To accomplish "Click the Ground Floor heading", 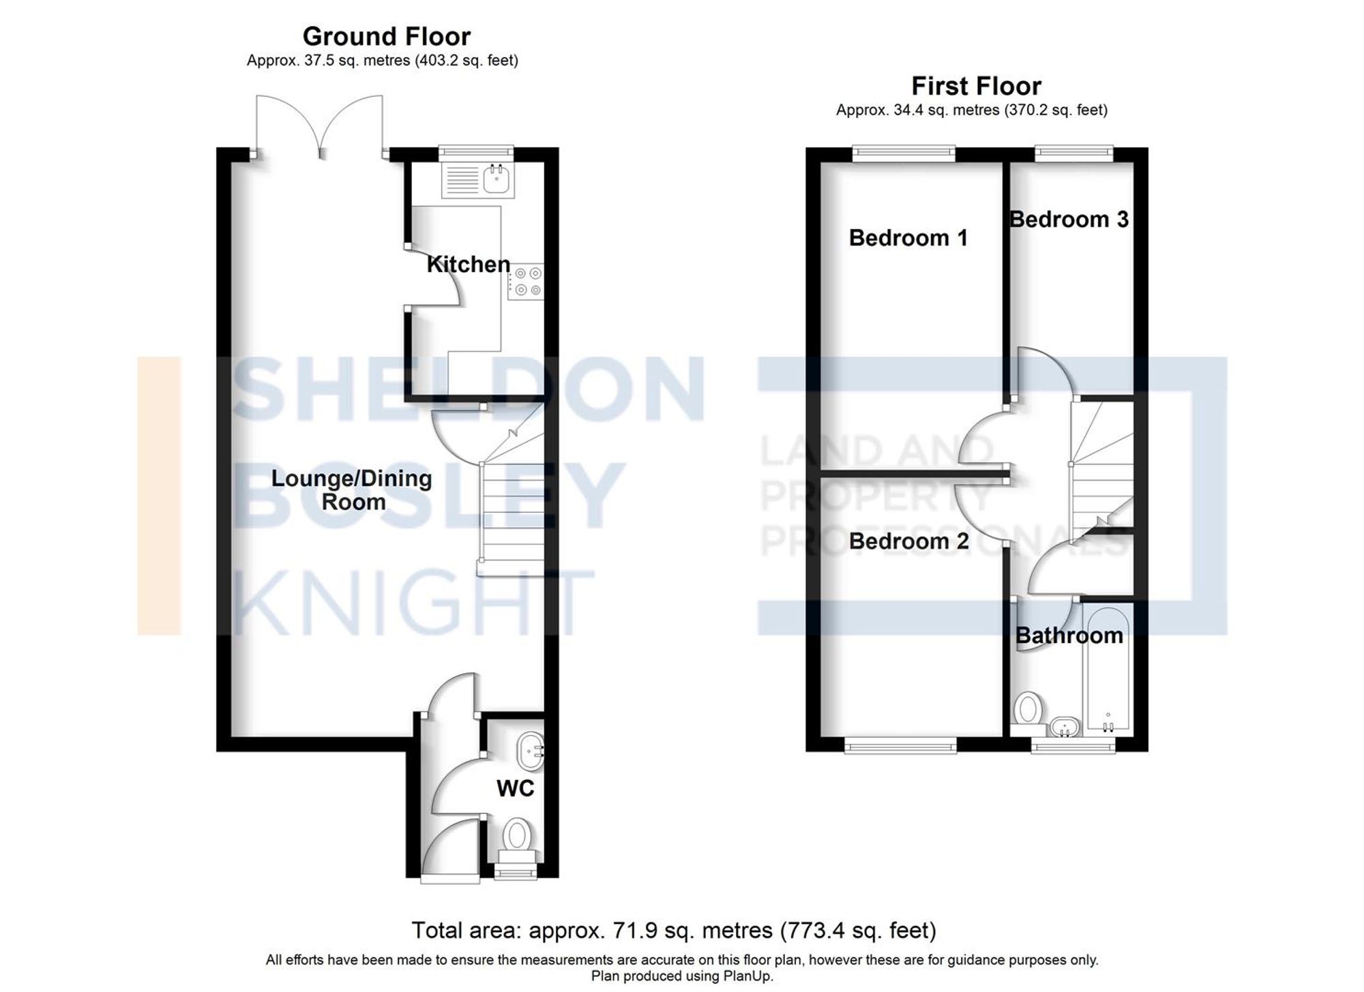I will [x=386, y=36].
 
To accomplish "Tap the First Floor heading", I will [x=976, y=87].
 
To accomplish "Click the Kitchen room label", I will [x=468, y=265].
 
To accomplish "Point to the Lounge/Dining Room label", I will [x=352, y=490].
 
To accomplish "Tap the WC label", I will [x=515, y=789].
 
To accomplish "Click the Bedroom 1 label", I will [x=908, y=238].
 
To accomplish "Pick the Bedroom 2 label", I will [x=908, y=541].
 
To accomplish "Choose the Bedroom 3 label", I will [x=1069, y=220].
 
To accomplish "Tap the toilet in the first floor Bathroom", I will [x=1027, y=710].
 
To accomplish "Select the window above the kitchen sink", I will [x=475, y=151].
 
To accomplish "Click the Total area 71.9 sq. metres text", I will [x=674, y=930].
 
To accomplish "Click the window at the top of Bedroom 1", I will [x=904, y=153].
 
